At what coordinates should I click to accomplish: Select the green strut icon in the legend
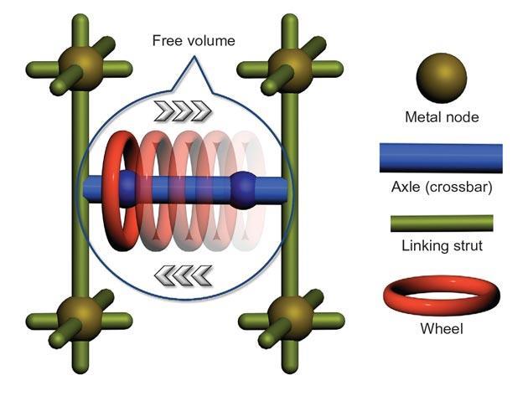tap(441, 222)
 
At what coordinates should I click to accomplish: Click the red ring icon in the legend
tap(441, 292)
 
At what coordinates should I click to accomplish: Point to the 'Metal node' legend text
tap(441, 117)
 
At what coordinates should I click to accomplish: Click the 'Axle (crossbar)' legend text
tap(441, 187)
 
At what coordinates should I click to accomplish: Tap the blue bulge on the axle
tap(243, 186)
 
